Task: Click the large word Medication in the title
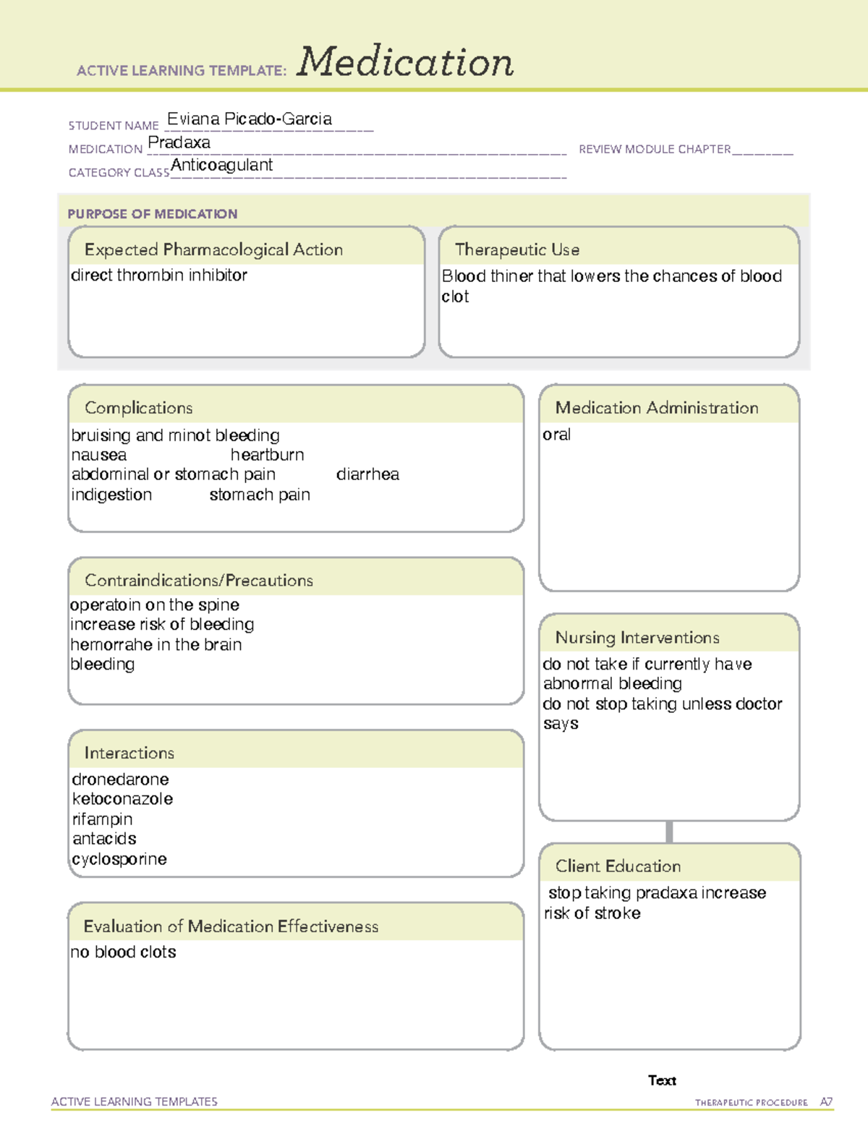[x=405, y=62]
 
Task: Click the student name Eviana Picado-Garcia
[x=250, y=119]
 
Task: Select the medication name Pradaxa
[x=179, y=143]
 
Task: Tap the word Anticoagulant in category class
[x=221, y=166]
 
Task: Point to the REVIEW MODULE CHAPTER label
[x=655, y=150]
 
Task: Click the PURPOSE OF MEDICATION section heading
[x=153, y=214]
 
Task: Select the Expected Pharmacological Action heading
[x=213, y=250]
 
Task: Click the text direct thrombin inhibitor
[x=159, y=276]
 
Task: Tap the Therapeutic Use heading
[x=517, y=250]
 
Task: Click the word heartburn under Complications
[x=267, y=455]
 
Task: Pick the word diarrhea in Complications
[x=367, y=474]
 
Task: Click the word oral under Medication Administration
[x=556, y=435]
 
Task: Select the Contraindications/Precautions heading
[x=199, y=581]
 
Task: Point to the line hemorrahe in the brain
[x=156, y=644]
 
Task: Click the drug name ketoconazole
[x=122, y=799]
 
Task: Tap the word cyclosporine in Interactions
[x=119, y=859]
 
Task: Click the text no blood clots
[x=124, y=952]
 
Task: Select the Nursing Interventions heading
[x=637, y=638]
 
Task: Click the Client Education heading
[x=618, y=866]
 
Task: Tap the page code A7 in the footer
[x=826, y=1102]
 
